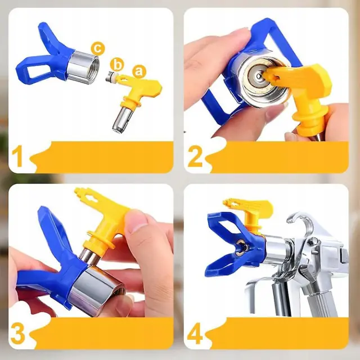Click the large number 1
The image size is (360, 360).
(x=17, y=157)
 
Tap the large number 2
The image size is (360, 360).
(x=195, y=157)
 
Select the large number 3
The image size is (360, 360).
(x=18, y=334)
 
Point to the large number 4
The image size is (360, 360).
(x=195, y=334)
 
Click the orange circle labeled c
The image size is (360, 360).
(x=98, y=48)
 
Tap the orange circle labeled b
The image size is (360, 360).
(x=117, y=65)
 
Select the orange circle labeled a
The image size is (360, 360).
(x=139, y=71)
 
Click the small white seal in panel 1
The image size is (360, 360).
(x=111, y=77)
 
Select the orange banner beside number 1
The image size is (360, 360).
(x=101, y=157)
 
